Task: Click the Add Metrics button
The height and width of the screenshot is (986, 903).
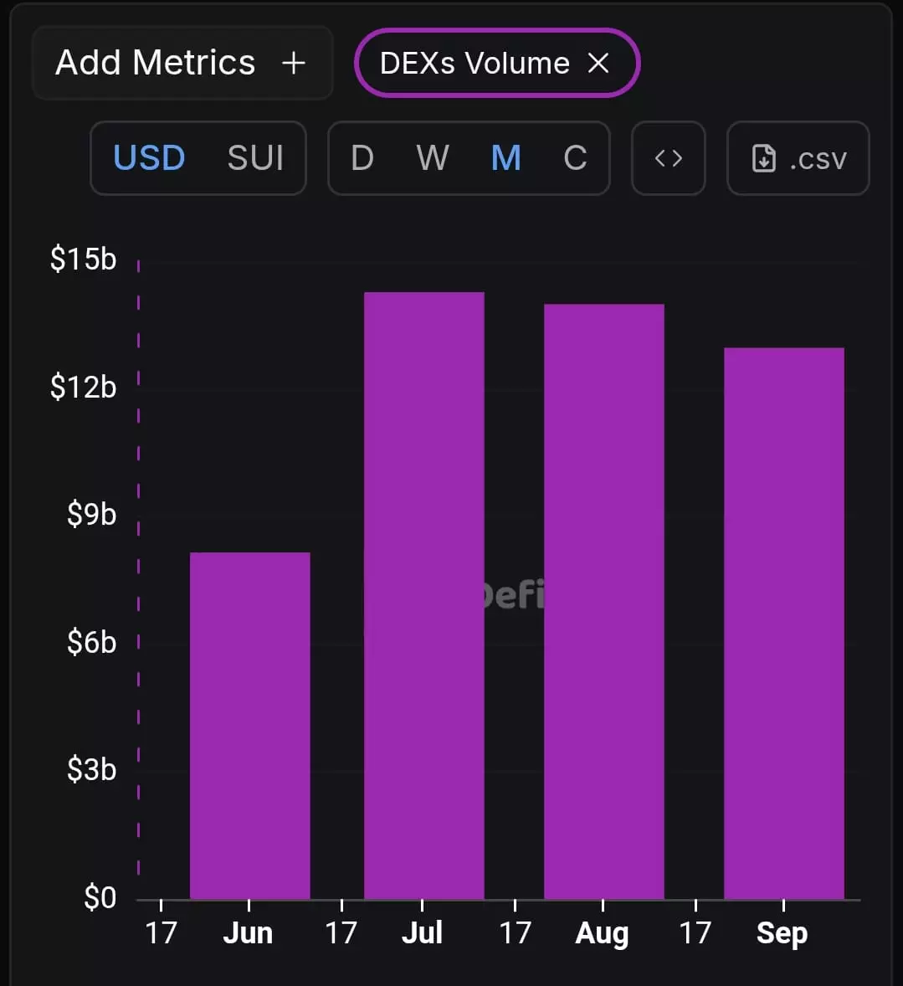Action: point(182,63)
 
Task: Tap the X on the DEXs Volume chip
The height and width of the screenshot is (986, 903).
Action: point(598,63)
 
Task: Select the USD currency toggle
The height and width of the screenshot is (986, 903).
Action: point(149,158)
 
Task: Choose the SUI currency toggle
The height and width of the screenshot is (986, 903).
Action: point(255,158)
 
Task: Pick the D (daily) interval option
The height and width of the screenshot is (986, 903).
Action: point(362,158)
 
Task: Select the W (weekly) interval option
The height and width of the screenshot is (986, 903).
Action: point(433,158)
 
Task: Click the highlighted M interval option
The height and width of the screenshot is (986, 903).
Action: point(506,158)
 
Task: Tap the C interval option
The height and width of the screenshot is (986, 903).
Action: point(575,158)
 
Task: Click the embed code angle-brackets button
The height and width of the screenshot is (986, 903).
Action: point(668,158)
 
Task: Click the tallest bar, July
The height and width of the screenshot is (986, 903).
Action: point(423,595)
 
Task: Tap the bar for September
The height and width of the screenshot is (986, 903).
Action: point(783,623)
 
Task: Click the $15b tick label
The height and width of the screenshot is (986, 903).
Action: point(83,259)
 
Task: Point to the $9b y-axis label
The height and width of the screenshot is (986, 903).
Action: point(91,514)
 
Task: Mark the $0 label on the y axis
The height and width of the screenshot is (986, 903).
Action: point(100,897)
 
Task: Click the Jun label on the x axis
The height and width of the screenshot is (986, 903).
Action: point(248,932)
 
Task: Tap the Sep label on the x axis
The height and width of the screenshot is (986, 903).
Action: point(782,932)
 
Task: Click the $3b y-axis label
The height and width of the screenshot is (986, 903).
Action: point(91,769)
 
